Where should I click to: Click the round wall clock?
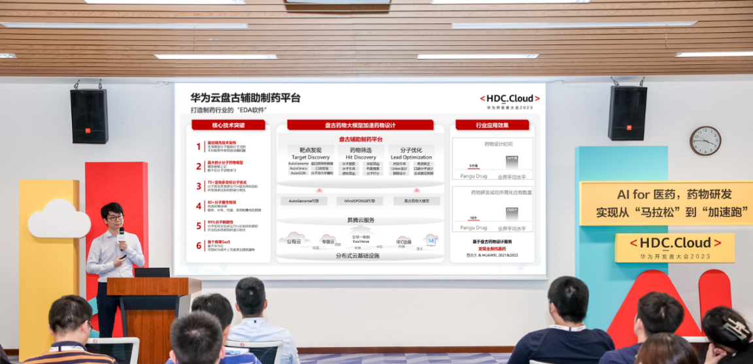(705, 141)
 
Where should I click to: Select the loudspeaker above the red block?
(89, 116)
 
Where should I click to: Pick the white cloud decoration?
(58, 220)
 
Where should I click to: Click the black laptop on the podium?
(152, 272)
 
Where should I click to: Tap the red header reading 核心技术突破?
(228, 125)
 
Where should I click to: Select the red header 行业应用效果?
(492, 125)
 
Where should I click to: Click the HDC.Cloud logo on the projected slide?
(509, 99)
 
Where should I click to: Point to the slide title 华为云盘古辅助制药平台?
(245, 98)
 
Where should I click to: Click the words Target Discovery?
(310, 157)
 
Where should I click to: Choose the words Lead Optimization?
(411, 157)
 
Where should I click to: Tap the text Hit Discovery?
(361, 157)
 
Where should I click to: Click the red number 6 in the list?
(199, 246)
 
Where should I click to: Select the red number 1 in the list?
(199, 147)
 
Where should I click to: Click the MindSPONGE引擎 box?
(360, 201)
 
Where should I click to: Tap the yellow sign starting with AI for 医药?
(665, 203)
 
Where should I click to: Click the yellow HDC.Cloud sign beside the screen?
(675, 247)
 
